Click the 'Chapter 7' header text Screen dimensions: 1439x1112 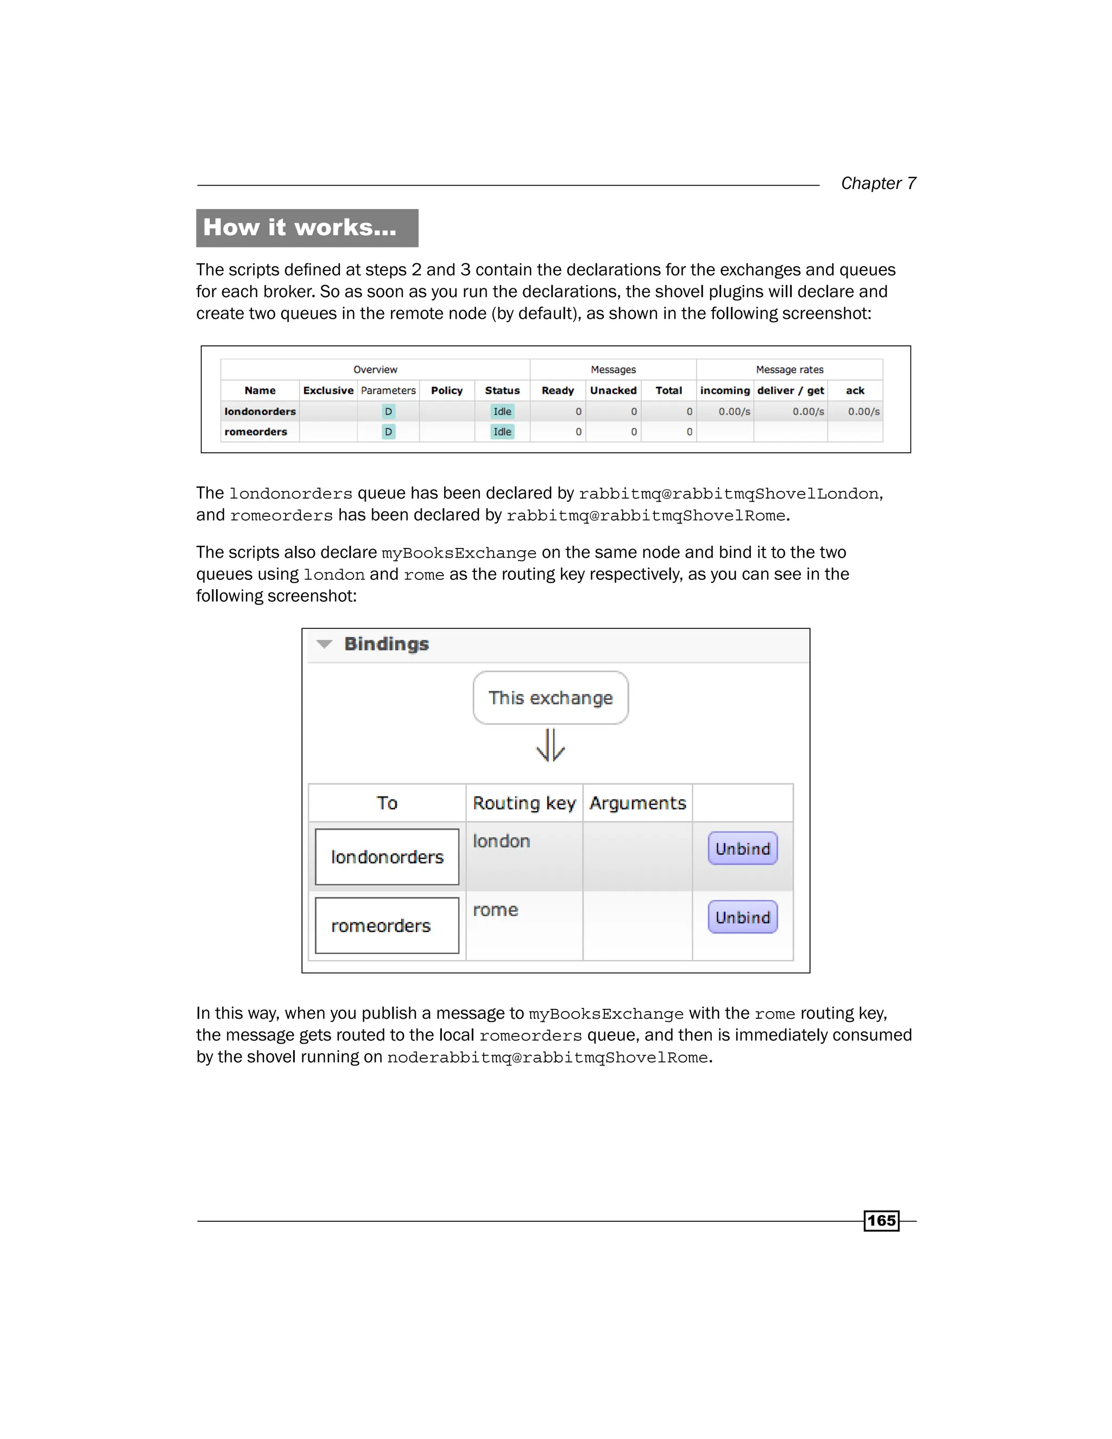[877, 183]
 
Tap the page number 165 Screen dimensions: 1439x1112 [881, 1220]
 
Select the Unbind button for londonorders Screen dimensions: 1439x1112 [742, 848]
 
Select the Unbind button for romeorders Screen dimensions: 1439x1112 [742, 917]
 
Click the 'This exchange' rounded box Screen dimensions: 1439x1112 [550, 698]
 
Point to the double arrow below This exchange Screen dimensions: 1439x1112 [550, 745]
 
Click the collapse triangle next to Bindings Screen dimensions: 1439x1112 [324, 643]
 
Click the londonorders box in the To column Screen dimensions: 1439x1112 [387, 856]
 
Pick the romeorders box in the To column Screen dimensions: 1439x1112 [387, 925]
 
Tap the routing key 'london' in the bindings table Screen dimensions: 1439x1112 [501, 841]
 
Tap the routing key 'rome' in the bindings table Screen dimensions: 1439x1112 [495, 910]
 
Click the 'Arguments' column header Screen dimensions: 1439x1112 [637, 803]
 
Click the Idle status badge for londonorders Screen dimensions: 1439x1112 [502, 411]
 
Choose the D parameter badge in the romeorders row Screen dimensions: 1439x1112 [388, 432]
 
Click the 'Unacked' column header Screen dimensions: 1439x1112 [612, 390]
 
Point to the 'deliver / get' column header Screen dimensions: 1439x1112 [790, 390]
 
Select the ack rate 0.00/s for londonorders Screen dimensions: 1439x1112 [863, 411]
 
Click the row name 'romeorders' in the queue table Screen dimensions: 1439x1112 [256, 432]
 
